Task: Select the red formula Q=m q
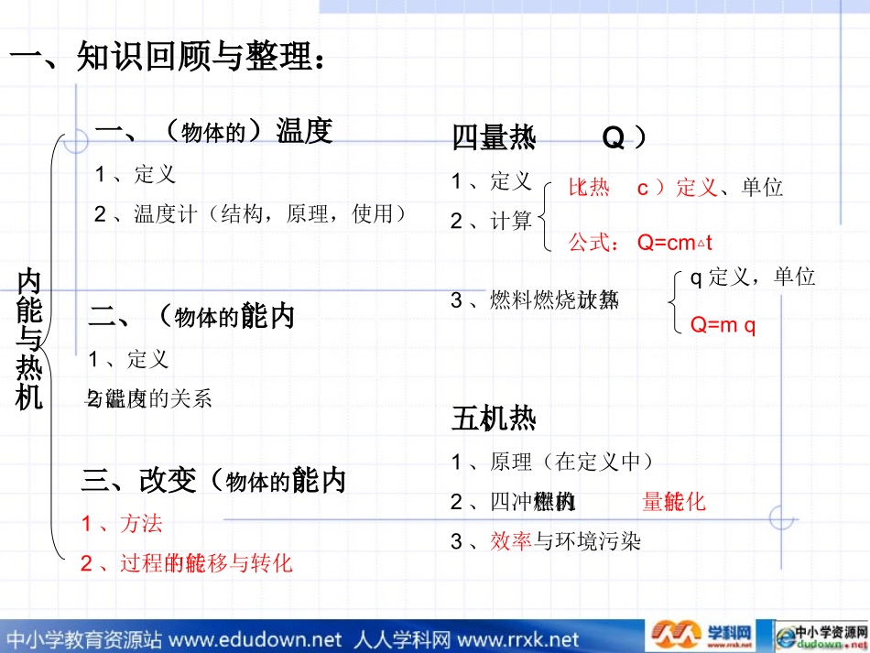pos(723,325)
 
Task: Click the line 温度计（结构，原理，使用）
pos(250,214)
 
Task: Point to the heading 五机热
pos(494,419)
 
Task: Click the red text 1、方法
pos(122,524)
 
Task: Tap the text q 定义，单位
pos(751,278)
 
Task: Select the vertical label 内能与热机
pos(30,339)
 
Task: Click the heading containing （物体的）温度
pos(213,132)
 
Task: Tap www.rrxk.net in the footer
pos(517,638)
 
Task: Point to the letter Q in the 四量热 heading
pos(613,138)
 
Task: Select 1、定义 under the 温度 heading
pos(136,174)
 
